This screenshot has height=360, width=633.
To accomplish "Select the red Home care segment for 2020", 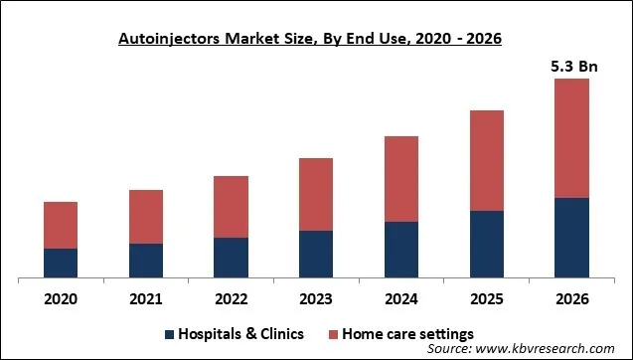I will click(x=61, y=225).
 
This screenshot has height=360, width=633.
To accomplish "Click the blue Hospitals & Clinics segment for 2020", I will click(x=61, y=263).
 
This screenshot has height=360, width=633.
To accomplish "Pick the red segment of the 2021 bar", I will click(x=146, y=217).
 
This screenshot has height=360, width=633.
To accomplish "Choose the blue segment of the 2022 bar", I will click(x=231, y=257).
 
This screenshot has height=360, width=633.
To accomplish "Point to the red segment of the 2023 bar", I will click(x=316, y=194).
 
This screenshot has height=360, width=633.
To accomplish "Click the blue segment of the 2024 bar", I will click(x=401, y=249).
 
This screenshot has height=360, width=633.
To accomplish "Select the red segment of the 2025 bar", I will click(x=486, y=160).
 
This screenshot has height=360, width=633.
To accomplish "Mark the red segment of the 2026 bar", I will click(x=571, y=138).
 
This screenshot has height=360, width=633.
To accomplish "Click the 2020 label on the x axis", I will click(x=61, y=299).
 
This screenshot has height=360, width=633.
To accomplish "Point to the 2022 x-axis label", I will click(x=231, y=299).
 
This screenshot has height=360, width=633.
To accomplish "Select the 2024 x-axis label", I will click(x=401, y=299).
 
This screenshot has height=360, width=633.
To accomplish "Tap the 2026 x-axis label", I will click(x=571, y=299).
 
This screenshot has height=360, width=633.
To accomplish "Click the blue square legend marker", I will click(x=170, y=333).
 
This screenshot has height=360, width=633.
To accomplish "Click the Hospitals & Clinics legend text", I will click(x=241, y=333).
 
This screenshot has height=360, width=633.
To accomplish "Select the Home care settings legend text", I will click(x=406, y=333).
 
